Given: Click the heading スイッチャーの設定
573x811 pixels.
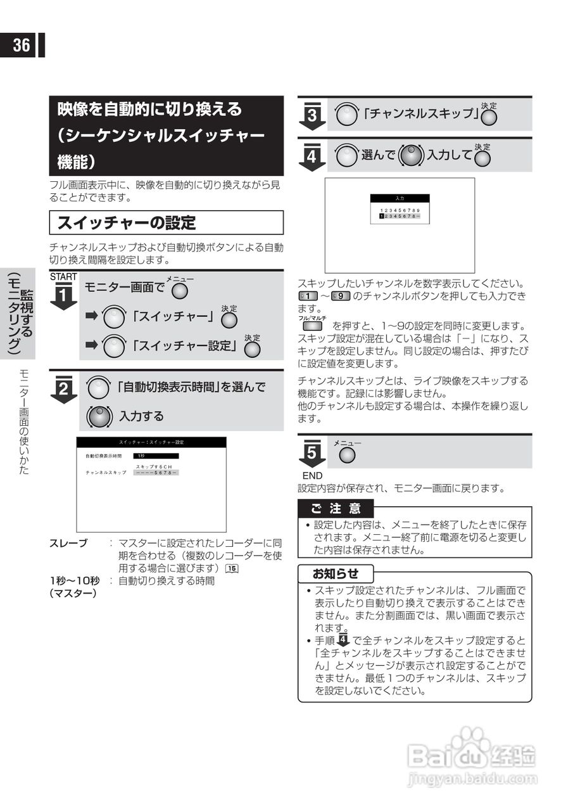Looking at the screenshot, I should point(127,222).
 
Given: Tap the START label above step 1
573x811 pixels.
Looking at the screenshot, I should point(63,276).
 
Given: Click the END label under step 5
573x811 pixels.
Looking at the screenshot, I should point(312,476).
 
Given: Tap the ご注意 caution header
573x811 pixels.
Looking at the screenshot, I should point(336,508).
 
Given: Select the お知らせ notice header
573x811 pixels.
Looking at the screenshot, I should point(336,574).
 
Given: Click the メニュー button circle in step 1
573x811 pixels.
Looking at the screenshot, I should point(180,291).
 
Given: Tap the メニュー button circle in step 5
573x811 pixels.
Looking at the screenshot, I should point(347,455).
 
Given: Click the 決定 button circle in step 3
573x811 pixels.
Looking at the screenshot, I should point(489,117).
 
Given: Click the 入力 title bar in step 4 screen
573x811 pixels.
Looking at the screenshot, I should point(400,198).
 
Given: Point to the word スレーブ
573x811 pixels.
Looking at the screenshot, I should point(68,544).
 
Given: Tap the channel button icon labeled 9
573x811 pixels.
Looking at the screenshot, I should point(342,297).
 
